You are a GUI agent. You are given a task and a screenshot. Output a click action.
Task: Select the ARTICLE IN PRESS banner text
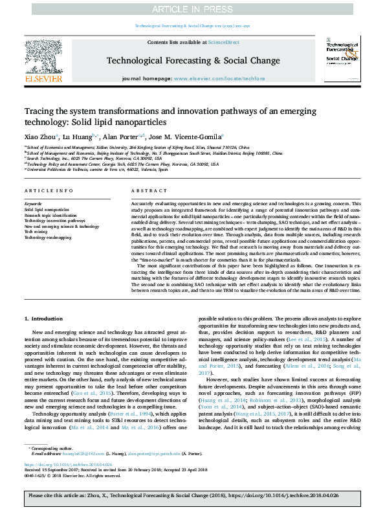point(192,9)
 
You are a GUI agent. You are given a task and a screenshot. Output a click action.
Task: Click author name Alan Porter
point(121,137)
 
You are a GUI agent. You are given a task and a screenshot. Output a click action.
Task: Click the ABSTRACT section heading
point(145,191)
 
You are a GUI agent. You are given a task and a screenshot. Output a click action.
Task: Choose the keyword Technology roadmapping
point(48,238)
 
